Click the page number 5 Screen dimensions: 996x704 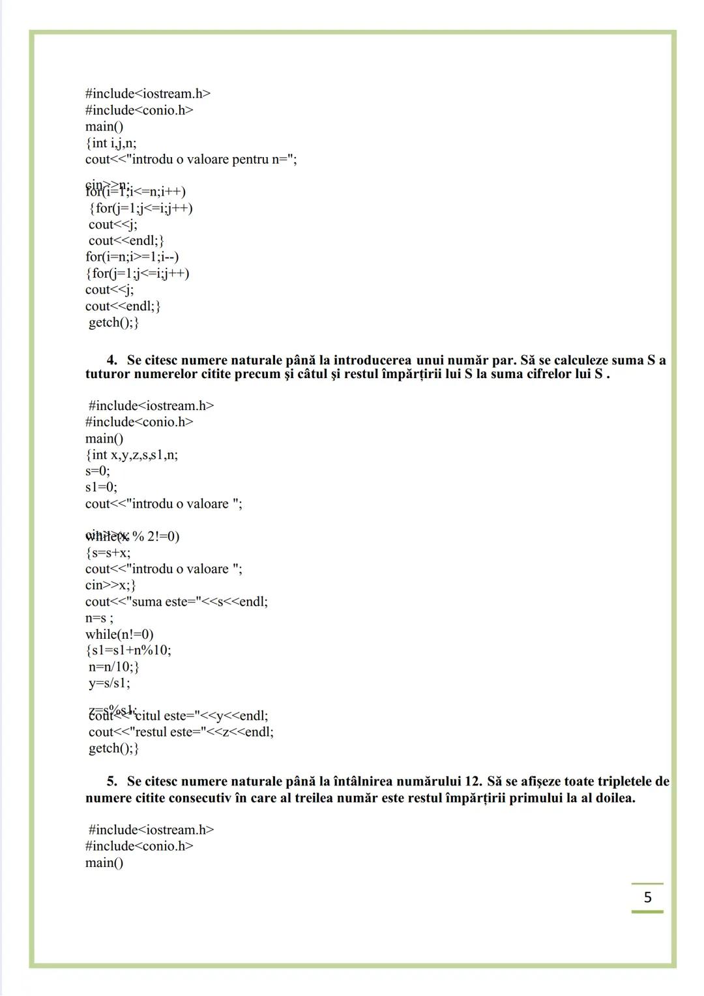click(x=647, y=898)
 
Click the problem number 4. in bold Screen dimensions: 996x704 click(x=112, y=360)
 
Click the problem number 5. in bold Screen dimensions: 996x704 click(x=112, y=781)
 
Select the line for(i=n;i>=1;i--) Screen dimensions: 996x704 click(x=132, y=257)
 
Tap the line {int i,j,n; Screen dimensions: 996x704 click(x=111, y=143)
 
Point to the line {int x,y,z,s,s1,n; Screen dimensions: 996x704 click(x=132, y=455)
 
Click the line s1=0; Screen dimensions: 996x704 click(x=101, y=487)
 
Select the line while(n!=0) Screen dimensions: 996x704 click(x=119, y=634)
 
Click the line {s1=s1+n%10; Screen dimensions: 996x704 click(x=128, y=651)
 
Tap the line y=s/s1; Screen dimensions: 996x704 click(x=110, y=683)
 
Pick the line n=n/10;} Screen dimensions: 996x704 click(x=114, y=667)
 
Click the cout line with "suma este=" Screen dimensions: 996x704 click(x=176, y=602)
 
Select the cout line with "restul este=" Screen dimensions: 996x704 click(x=181, y=732)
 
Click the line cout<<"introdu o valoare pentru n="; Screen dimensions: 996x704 click(x=191, y=159)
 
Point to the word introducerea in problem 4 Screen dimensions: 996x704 click(x=372, y=360)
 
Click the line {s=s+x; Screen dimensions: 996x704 click(x=108, y=553)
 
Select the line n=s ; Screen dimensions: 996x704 click(x=99, y=618)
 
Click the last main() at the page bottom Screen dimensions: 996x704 click(x=104, y=862)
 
